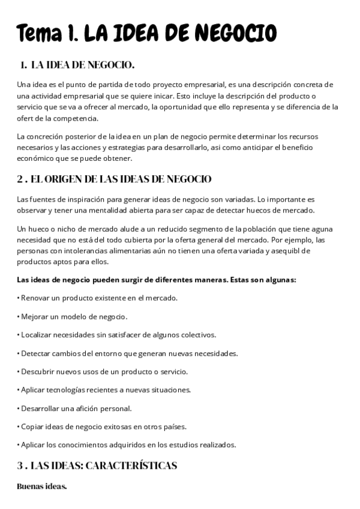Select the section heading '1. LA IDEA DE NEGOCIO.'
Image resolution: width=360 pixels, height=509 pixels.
point(77,64)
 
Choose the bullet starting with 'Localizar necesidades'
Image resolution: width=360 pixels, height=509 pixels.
point(117,334)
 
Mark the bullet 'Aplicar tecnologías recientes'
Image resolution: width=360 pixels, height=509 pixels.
point(104,390)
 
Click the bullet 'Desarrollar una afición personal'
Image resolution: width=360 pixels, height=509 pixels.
point(76,408)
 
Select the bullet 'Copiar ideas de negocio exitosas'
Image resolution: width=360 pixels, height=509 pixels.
point(103,427)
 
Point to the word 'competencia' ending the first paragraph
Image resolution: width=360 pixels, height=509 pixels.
point(61,118)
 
